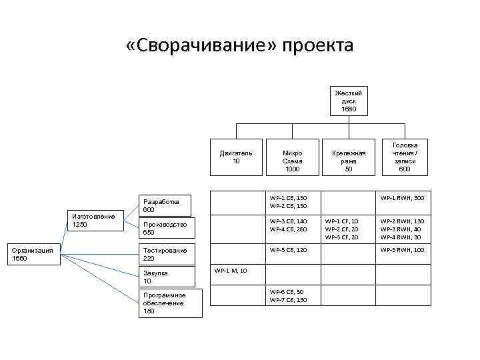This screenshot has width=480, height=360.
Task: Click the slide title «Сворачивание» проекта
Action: (239, 46)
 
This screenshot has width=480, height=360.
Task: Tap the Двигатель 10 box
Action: (236, 157)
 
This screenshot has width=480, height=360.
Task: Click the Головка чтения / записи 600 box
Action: (405, 157)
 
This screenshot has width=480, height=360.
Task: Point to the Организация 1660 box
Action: (34, 255)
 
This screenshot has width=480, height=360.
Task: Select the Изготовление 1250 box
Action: (94, 220)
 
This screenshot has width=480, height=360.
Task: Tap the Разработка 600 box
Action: (166, 205)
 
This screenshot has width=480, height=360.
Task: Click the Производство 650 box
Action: (166, 228)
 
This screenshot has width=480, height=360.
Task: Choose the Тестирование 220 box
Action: (166, 254)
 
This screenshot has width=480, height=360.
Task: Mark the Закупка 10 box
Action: (166, 277)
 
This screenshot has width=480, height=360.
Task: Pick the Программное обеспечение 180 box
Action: (166, 303)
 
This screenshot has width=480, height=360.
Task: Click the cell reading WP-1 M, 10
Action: (230, 271)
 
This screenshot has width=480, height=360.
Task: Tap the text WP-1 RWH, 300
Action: (402, 198)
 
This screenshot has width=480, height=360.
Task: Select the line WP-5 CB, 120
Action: (288, 250)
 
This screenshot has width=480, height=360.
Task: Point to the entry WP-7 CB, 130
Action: (288, 300)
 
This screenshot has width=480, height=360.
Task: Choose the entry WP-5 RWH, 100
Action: (402, 250)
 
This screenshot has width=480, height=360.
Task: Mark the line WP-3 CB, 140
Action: (288, 221)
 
